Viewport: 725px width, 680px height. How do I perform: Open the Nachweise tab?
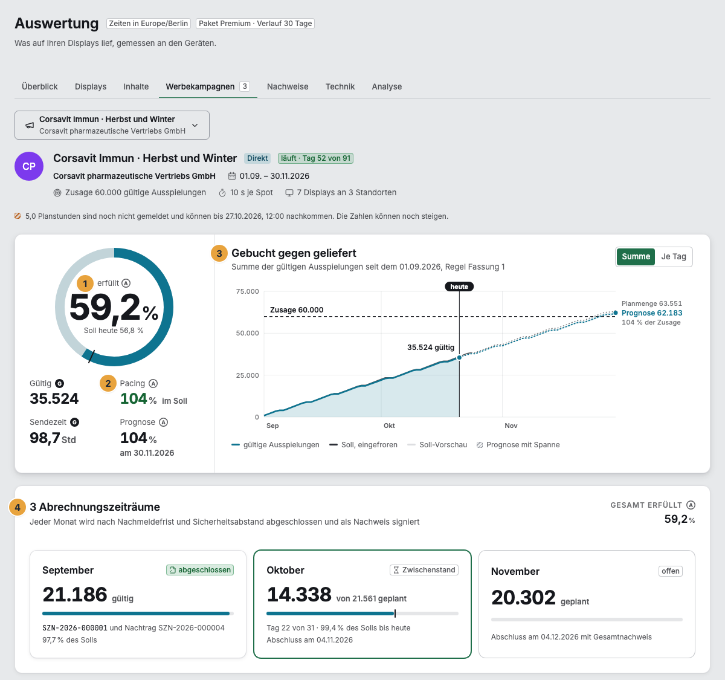point(288,86)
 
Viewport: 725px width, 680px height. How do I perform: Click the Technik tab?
point(340,86)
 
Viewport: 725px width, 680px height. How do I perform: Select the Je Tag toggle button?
point(674,256)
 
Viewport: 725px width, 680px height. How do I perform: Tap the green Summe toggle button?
point(636,256)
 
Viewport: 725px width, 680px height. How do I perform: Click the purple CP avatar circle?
point(29,166)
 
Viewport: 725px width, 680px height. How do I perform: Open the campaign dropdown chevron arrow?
point(195,125)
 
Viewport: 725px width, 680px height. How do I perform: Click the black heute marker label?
point(459,287)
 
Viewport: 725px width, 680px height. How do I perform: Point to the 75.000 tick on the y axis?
point(247,291)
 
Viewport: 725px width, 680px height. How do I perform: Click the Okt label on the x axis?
point(389,426)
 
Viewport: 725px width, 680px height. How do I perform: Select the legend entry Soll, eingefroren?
point(363,445)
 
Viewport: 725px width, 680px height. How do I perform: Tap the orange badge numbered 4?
point(17,507)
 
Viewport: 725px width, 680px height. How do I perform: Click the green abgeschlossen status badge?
point(200,569)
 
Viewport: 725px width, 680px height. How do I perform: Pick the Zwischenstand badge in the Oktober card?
point(424,569)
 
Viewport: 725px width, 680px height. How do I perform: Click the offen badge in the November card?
point(671,571)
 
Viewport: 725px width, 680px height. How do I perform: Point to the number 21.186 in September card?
point(75,594)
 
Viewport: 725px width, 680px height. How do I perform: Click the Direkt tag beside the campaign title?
point(257,158)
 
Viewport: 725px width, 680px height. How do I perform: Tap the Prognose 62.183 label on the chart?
point(652,312)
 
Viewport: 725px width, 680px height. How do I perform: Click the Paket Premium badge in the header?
point(255,24)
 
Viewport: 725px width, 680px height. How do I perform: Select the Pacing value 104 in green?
point(134,398)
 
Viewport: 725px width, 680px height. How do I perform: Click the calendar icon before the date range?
point(232,176)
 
